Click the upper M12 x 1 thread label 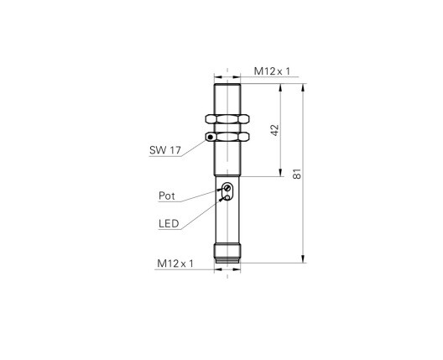pos(272,71)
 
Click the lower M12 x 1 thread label pos(175,263)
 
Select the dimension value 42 pos(274,130)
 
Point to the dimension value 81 pos(297,174)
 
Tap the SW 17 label pos(165,150)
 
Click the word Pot pos(167,196)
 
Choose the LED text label pos(169,223)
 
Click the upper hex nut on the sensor pos(227,119)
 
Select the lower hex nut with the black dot pos(227,137)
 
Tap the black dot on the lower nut pos(210,138)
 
